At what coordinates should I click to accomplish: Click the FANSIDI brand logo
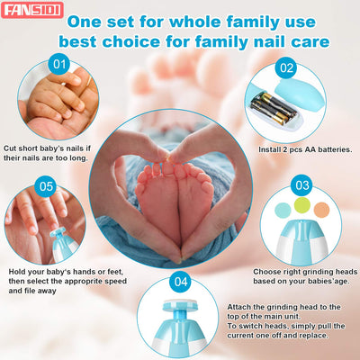(32, 10)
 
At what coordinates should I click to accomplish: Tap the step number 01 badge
(59, 64)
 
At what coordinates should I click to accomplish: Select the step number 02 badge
(286, 68)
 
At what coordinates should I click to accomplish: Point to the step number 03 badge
(301, 185)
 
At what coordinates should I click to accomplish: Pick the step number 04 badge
(181, 282)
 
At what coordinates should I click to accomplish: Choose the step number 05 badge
(46, 186)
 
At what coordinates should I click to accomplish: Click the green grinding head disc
(301, 205)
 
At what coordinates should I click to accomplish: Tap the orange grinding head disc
(321, 210)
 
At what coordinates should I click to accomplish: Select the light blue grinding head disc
(283, 210)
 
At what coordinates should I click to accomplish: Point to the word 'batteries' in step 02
(335, 149)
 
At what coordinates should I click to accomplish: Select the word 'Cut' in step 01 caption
(10, 148)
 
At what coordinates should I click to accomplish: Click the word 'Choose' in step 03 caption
(265, 272)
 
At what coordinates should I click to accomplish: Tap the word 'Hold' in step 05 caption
(17, 272)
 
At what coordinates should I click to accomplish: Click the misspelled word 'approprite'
(84, 282)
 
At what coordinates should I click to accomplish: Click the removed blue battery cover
(300, 91)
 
